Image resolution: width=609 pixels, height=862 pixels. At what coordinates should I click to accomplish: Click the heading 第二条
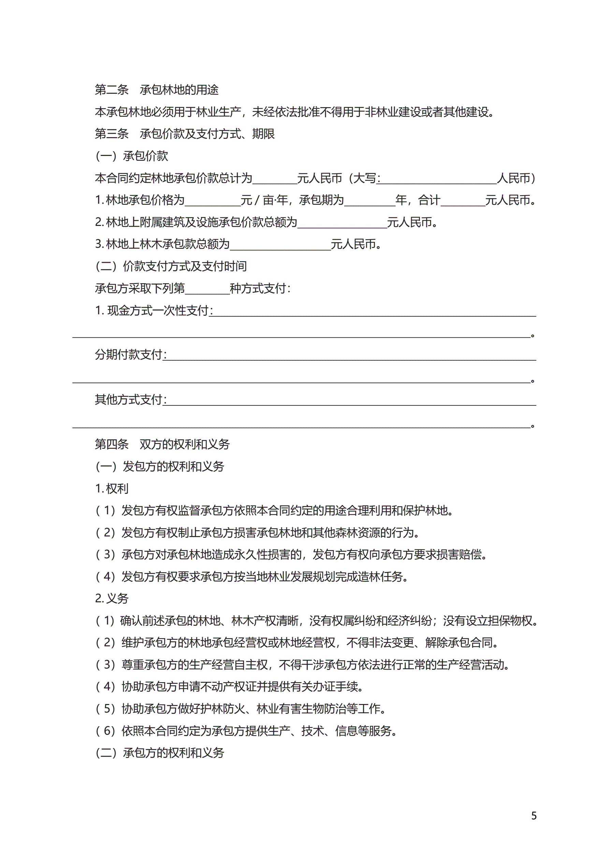click(x=112, y=90)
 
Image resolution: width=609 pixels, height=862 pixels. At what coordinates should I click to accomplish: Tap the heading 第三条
click(x=112, y=134)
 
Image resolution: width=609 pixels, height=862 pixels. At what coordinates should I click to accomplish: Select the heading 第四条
click(x=112, y=444)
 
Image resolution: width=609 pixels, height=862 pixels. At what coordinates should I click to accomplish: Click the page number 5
click(x=534, y=816)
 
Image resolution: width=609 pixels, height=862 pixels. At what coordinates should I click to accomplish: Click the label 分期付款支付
click(x=128, y=355)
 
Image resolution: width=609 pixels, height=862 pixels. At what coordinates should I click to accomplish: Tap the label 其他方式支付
click(x=128, y=400)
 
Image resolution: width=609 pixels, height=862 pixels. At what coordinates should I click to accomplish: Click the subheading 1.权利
click(x=112, y=488)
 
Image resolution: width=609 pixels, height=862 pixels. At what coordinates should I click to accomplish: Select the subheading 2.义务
click(x=112, y=599)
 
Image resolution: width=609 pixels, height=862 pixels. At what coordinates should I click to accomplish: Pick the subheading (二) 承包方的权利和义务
click(x=160, y=753)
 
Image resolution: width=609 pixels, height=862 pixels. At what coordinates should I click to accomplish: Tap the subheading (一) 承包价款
click(x=132, y=156)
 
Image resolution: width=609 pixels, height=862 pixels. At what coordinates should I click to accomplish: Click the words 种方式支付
click(x=259, y=289)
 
